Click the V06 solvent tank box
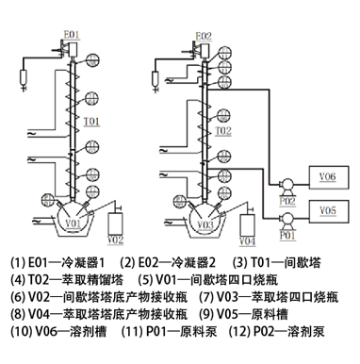(329, 177)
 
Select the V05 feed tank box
(329, 211)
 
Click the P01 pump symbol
(287, 219)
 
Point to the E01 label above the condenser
(72, 35)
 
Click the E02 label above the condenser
(204, 36)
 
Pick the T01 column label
(91, 122)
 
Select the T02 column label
(223, 131)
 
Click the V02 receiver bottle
(116, 223)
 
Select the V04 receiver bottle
(248, 225)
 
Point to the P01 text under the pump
(287, 235)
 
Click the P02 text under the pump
(287, 201)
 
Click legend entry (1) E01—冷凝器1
(57, 262)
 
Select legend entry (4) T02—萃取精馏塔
(67, 279)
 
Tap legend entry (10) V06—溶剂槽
(58, 331)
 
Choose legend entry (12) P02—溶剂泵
(277, 331)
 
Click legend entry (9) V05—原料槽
(244, 314)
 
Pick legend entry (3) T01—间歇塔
(277, 262)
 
